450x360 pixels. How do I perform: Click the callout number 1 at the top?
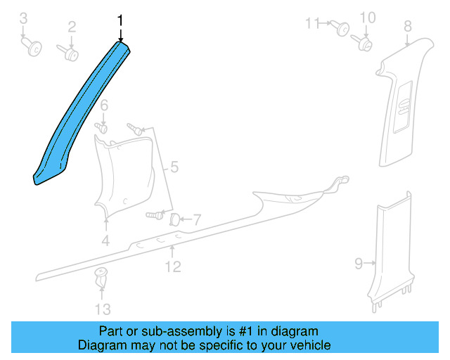point(120,21)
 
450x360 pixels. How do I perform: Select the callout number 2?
point(71,27)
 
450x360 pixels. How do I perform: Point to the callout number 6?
point(103,106)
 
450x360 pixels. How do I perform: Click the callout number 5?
point(174,167)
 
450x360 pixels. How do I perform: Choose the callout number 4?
point(105,241)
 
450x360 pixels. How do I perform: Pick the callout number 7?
point(197,220)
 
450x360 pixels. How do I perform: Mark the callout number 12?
point(173,266)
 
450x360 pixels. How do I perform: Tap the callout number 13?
point(103,309)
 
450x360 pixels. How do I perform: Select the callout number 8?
point(408,27)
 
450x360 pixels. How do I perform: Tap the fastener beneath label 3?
point(31,47)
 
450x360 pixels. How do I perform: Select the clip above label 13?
point(101,276)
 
